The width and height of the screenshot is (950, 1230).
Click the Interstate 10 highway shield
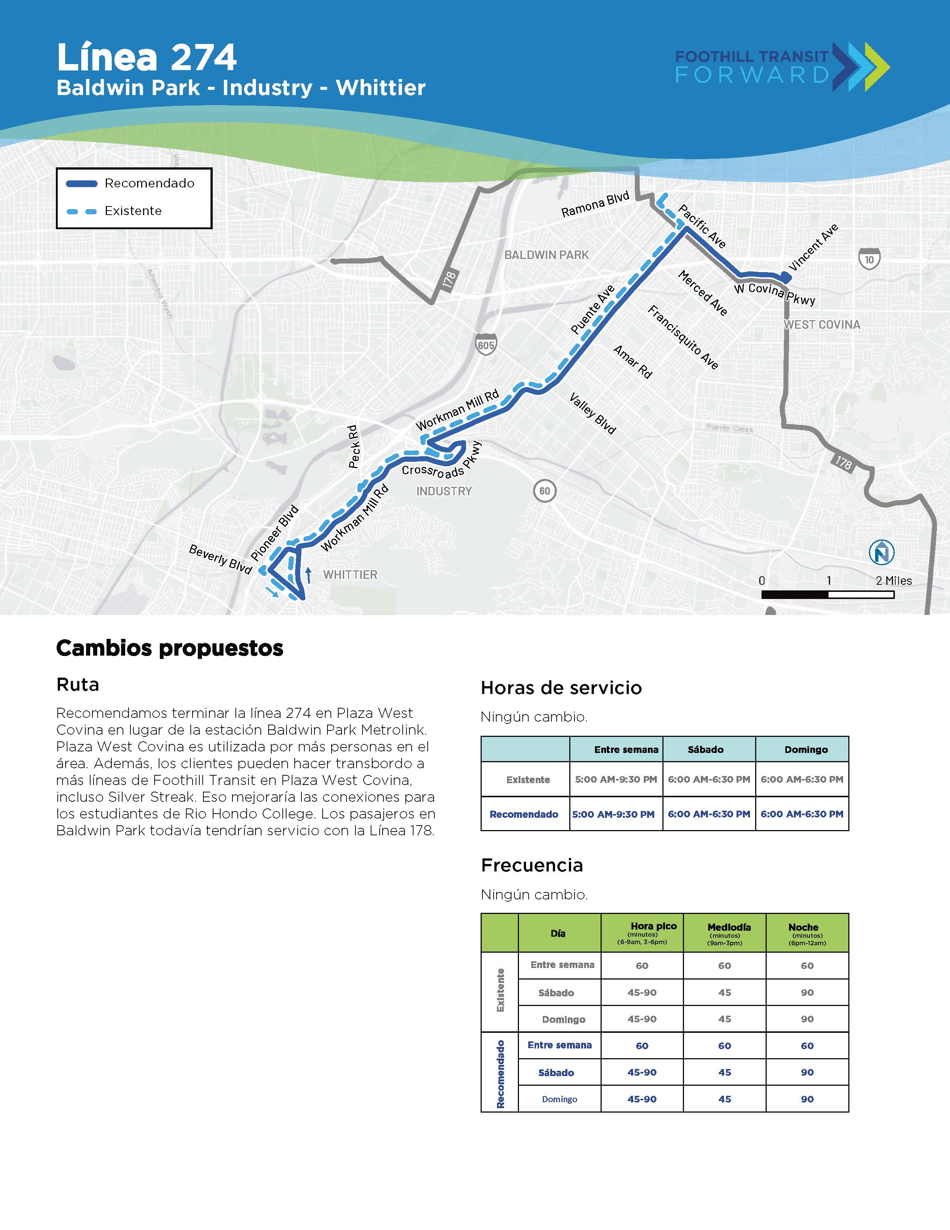[869, 259]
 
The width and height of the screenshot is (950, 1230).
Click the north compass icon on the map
[881, 552]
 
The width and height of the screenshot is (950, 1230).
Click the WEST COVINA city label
[822, 325]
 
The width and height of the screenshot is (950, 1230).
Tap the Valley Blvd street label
[593, 413]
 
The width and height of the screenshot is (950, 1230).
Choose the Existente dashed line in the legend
[82, 212]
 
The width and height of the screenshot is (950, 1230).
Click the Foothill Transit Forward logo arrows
[861, 66]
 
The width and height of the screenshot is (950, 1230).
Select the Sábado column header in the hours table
[705, 750]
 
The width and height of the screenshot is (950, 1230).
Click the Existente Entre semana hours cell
[616, 779]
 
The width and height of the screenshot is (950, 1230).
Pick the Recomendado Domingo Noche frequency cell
[807, 1099]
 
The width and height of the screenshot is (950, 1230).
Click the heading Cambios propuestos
[170, 648]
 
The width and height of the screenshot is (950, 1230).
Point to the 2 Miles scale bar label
[893, 581]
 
